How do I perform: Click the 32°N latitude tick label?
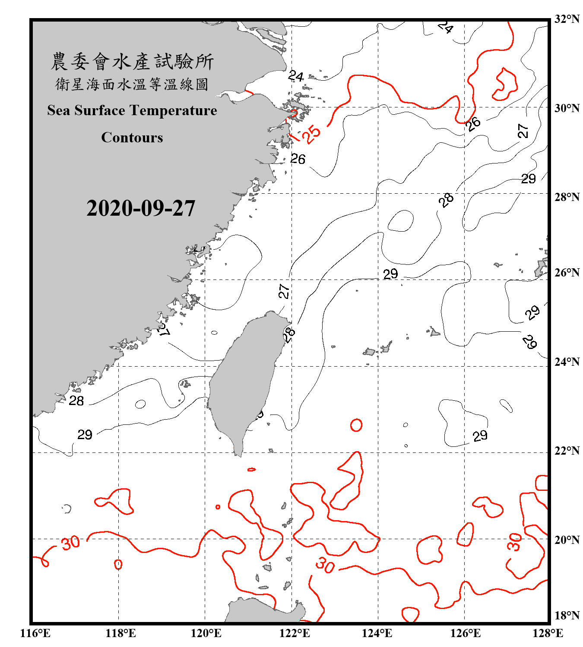click(x=567, y=19)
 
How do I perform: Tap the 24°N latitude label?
click(x=567, y=361)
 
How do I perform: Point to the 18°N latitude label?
click(x=567, y=616)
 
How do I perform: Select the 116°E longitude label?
click(x=35, y=633)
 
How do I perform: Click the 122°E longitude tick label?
click(x=295, y=633)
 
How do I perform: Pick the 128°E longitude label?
click(x=548, y=633)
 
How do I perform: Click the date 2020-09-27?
click(x=141, y=208)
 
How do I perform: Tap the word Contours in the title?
click(x=132, y=138)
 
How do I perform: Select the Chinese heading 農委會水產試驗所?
click(x=132, y=61)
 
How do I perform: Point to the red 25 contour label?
click(x=311, y=134)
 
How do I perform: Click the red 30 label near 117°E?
click(x=70, y=543)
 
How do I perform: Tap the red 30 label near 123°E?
click(x=325, y=565)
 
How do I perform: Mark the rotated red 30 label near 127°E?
click(x=514, y=542)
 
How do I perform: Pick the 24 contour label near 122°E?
click(x=296, y=76)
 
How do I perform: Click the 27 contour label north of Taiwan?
click(x=284, y=292)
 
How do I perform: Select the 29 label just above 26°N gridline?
click(x=390, y=274)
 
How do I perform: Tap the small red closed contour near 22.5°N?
click(x=356, y=425)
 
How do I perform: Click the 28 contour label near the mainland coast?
click(x=76, y=401)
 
